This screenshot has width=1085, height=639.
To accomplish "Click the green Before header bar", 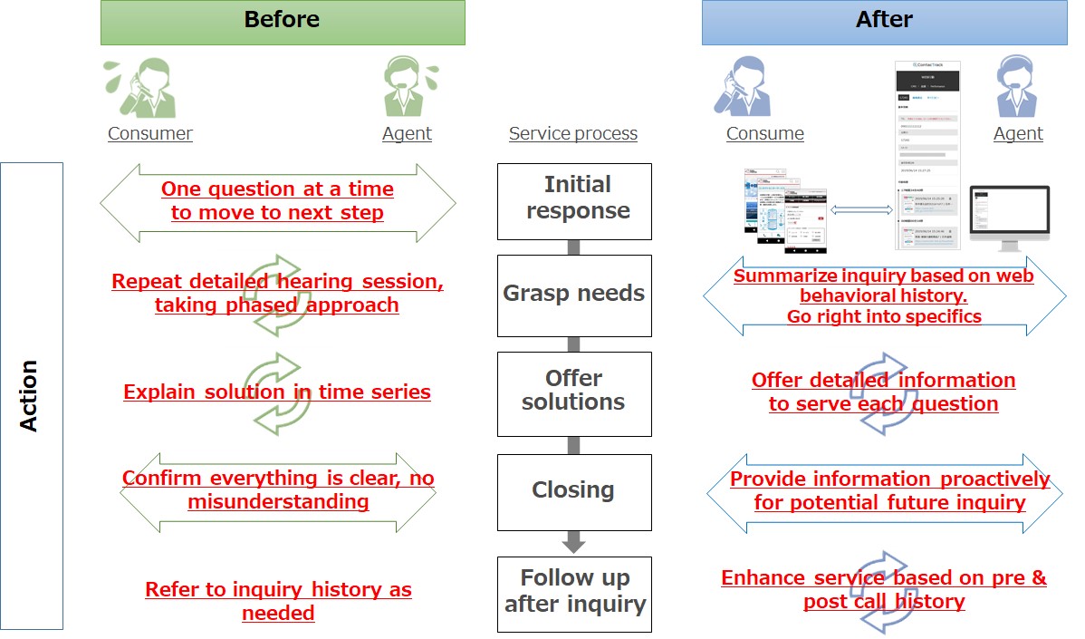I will coord(283,22).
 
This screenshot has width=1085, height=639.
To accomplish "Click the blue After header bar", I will coord(884,22).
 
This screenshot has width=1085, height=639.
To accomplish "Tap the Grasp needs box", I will coord(574,294).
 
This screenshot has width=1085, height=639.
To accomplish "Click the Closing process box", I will coord(574,490).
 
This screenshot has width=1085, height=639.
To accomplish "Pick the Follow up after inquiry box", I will coord(574,592).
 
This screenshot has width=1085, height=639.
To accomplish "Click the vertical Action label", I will coord(31,395).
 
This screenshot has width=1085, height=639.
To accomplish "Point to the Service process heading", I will coord(573,134).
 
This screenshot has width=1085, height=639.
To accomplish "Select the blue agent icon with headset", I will coord(1019,86).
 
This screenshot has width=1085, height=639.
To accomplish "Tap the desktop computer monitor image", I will coord(1009,218).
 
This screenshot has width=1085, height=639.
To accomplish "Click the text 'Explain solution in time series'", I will coord(277,392).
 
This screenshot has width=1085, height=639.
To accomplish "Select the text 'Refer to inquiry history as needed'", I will coord(278,601).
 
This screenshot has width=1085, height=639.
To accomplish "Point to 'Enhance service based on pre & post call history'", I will coord(884,590).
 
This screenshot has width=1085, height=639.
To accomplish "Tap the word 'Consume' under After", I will coord(765,134).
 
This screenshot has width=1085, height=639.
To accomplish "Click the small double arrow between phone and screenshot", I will coord(861,209).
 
